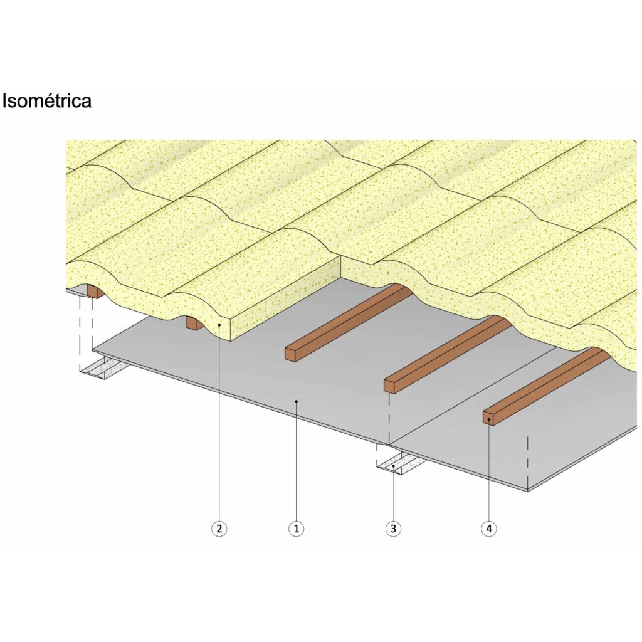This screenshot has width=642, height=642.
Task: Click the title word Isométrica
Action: pos(46,101)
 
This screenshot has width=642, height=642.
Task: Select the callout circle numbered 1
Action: pos(297,529)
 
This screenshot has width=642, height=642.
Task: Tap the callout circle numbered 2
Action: pos(219,529)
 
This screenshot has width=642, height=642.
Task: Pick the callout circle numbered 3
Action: pos(394,529)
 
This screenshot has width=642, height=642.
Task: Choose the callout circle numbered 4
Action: pos(489,529)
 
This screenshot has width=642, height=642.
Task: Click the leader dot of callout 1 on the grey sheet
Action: pos(297,402)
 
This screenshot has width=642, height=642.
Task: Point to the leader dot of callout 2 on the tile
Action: pos(219,325)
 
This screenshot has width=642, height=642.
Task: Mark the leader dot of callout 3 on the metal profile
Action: pos(394,466)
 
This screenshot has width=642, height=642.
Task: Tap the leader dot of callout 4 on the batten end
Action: pos(489,419)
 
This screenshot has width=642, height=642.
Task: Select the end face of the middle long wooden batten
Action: pos(389,386)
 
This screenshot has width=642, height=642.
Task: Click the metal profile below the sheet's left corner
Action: pos(105,367)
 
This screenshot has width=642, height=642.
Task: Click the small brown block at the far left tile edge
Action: pos(94,291)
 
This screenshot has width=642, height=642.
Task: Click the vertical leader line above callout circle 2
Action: pos(219,423)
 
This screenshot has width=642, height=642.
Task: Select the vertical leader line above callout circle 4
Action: pos(489,470)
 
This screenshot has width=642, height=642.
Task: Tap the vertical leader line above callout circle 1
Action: pos(297,461)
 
